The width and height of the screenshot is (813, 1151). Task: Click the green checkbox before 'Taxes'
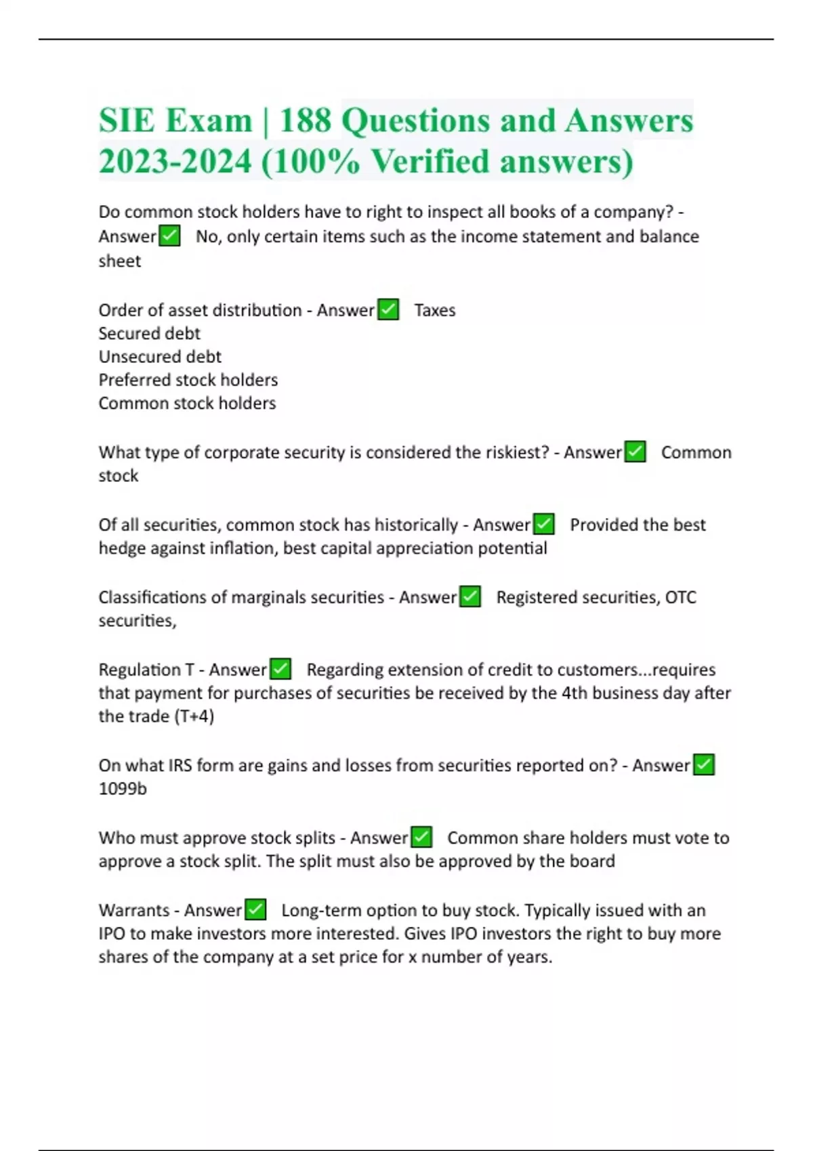click(x=388, y=309)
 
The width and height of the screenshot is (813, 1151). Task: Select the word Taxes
click(x=435, y=310)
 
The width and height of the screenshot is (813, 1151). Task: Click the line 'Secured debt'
click(x=149, y=333)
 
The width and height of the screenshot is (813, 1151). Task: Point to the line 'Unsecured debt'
click(x=160, y=356)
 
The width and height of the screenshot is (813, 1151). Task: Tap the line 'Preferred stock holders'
click(x=188, y=380)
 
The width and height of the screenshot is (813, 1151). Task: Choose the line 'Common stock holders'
click(x=187, y=403)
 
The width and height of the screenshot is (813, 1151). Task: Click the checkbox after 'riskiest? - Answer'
click(x=635, y=452)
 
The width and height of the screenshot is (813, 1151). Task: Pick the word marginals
click(x=270, y=597)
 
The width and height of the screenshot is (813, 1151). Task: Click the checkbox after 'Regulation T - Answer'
click(x=280, y=669)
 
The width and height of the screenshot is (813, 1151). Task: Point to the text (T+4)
click(x=194, y=716)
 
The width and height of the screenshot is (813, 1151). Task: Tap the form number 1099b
click(x=123, y=789)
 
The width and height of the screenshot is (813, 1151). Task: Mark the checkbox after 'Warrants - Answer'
click(x=255, y=909)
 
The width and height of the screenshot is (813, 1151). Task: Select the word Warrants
click(x=133, y=910)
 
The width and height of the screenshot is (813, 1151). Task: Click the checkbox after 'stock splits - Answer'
click(x=421, y=837)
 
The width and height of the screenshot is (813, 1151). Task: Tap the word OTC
click(x=680, y=597)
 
